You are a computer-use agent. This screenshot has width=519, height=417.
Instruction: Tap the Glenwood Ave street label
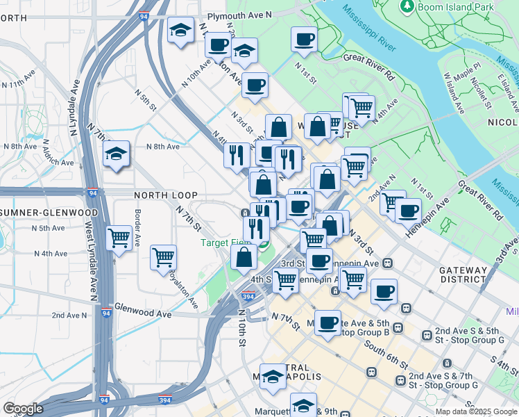142,314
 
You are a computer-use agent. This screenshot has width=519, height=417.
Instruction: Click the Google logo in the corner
23,409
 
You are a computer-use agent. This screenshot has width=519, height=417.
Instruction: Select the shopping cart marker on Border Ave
119,238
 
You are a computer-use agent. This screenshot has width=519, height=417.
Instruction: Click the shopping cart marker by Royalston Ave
164,257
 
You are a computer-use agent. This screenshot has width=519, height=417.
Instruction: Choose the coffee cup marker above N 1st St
303,40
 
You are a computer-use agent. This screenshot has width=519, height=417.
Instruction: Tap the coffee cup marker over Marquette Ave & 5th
327,322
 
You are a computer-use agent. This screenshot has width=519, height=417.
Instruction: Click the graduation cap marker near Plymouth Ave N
181,31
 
